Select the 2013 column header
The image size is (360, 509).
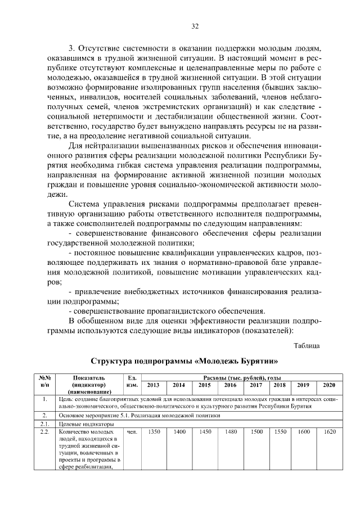(x=153, y=385)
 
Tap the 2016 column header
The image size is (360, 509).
(x=231, y=385)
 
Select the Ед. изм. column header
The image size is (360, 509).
(x=133, y=381)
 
